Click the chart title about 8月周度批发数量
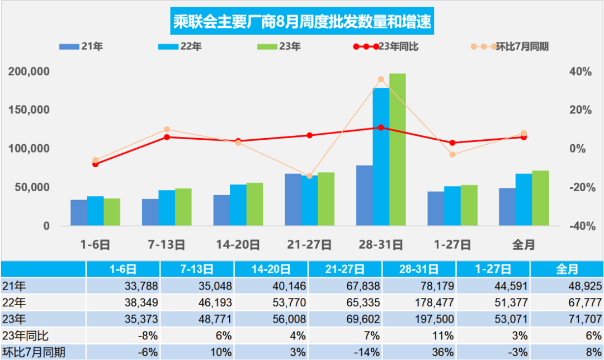click(x=301, y=23)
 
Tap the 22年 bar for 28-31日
click(x=381, y=157)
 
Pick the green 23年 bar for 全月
click(x=540, y=198)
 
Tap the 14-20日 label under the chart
click(x=238, y=244)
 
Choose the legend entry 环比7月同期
click(x=509, y=47)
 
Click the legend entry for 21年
click(x=81, y=47)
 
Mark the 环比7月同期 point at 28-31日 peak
click(x=381, y=79)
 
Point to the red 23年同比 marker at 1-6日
click(x=95, y=164)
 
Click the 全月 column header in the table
click(x=567, y=269)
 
